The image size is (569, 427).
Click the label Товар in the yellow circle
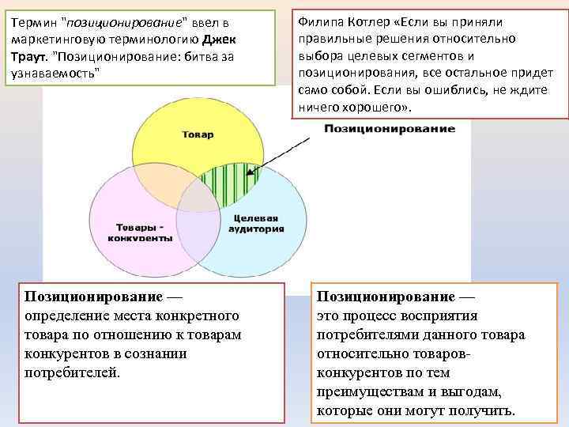[x=198, y=134]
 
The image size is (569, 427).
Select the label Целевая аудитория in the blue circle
[x=255, y=223]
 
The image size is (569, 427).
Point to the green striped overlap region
[x=230, y=186]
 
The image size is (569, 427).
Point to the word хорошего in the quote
[x=378, y=107]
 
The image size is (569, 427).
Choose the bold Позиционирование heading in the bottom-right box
[x=385, y=297]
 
